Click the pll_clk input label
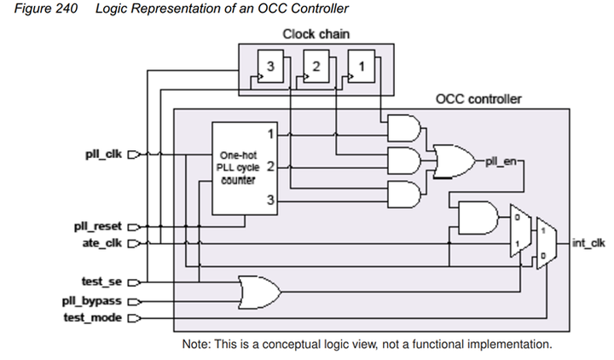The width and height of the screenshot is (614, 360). click(x=104, y=154)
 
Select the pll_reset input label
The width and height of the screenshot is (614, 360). click(x=98, y=226)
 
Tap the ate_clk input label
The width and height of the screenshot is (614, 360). click(x=102, y=243)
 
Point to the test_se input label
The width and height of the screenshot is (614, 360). click(x=101, y=282)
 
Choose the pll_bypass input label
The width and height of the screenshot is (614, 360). click(x=92, y=301)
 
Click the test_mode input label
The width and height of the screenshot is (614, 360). click(x=93, y=317)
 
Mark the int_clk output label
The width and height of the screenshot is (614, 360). click(x=588, y=243)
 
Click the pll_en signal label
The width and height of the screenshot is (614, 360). click(x=501, y=161)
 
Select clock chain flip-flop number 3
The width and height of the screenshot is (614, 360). click(x=270, y=67)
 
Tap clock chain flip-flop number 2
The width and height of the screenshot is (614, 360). click(x=316, y=67)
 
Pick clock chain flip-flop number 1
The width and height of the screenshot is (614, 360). click(x=362, y=67)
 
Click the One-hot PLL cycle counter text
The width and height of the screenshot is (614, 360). click(x=238, y=168)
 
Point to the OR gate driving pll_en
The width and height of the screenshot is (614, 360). click(x=455, y=161)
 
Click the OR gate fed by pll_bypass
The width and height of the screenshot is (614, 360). click(x=260, y=293)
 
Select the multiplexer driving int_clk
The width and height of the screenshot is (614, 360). click(x=547, y=243)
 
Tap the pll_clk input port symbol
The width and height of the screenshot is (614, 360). click(x=134, y=154)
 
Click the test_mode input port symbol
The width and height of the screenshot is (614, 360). click(x=134, y=318)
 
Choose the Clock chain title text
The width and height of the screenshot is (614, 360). click(x=316, y=34)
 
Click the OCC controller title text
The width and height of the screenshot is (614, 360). click(x=478, y=99)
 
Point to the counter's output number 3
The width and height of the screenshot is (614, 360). click(x=270, y=200)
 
